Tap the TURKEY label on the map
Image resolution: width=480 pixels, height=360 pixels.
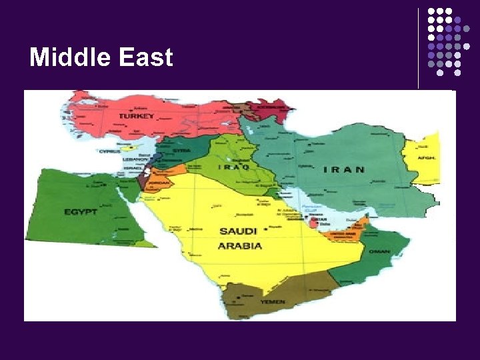tap(137, 116)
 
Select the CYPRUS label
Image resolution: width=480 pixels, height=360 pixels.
tap(110, 151)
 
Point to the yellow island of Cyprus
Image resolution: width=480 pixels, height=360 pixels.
tap(134, 148)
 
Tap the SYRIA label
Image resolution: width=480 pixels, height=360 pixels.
tap(182, 151)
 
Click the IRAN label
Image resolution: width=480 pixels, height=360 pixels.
tap(344, 169)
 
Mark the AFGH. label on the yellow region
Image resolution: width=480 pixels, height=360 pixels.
tap(427, 158)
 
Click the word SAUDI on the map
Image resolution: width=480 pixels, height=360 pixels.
tap(238, 231)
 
